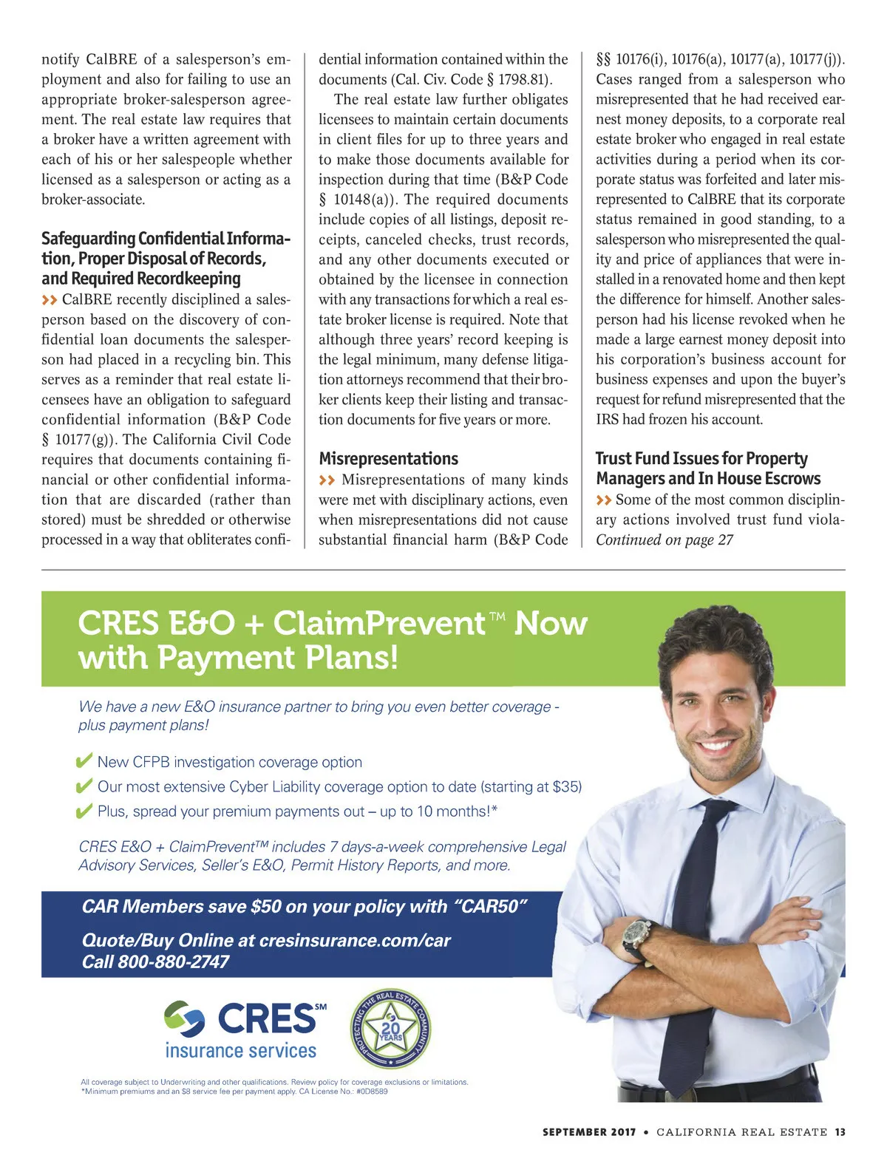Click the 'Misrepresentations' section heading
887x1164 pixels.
pos(388,459)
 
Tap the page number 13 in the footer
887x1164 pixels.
pos(840,1132)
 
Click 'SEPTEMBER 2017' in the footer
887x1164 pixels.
pos(588,1132)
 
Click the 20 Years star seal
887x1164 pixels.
pos(390,1029)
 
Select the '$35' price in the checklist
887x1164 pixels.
pos(567,786)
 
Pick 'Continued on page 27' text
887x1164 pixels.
pos(664,540)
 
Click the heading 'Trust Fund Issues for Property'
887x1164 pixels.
pos(701,459)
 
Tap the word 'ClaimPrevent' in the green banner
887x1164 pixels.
pos(378,623)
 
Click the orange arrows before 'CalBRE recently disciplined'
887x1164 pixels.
pos(50,300)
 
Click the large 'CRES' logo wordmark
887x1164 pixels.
pos(266,1019)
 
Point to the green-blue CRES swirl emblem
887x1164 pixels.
pos(184,1019)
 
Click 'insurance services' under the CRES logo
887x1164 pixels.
pos(240,1050)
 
